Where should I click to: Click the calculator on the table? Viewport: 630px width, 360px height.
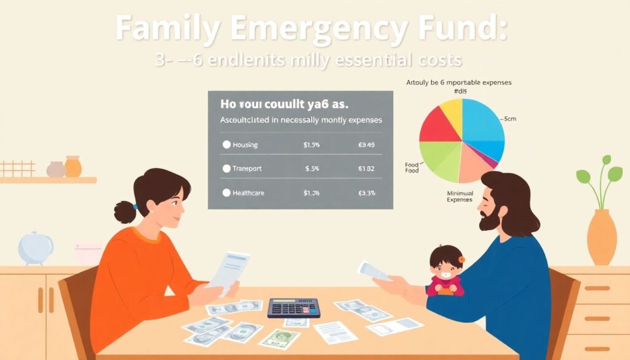pyautogui.click(x=293, y=307)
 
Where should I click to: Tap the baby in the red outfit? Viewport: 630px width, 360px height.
pyautogui.click(x=447, y=271)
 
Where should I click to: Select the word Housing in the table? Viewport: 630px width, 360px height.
pyautogui.click(x=245, y=145)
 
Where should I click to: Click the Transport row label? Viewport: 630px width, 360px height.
pyautogui.click(x=247, y=169)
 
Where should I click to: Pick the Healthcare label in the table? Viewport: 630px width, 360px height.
pyautogui.click(x=249, y=193)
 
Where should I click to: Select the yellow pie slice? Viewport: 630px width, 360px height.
pyautogui.click(x=451, y=110)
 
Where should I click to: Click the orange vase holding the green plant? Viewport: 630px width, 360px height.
pyautogui.click(x=601, y=237)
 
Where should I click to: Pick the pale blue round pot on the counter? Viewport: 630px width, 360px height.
pyautogui.click(x=35, y=247)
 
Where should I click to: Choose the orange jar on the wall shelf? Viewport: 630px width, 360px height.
pyautogui.click(x=73, y=167)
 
